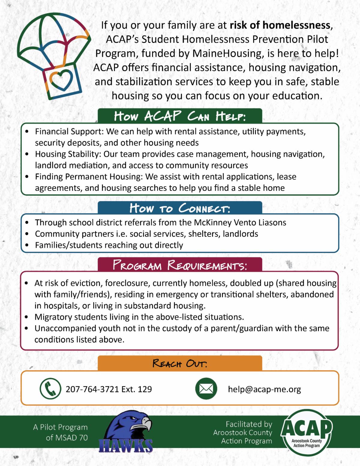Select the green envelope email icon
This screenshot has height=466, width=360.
[x=206, y=389]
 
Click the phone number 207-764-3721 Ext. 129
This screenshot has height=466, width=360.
[x=109, y=389]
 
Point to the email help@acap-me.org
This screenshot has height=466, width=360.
[x=264, y=389]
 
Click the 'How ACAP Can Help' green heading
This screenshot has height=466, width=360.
[x=180, y=116]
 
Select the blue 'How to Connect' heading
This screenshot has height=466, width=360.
[x=180, y=208]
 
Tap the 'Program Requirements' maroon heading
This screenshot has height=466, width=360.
[x=180, y=265]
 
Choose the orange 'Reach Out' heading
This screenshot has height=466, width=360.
[x=180, y=363]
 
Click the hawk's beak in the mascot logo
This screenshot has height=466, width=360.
[x=147, y=423]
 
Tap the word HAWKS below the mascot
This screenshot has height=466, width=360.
[x=126, y=446]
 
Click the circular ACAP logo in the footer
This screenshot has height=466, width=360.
[x=306, y=432]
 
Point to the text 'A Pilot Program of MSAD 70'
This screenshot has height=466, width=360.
[x=61, y=432]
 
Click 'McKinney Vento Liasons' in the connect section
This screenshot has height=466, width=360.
[x=240, y=222]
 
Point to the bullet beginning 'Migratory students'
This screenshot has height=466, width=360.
[x=139, y=317]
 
